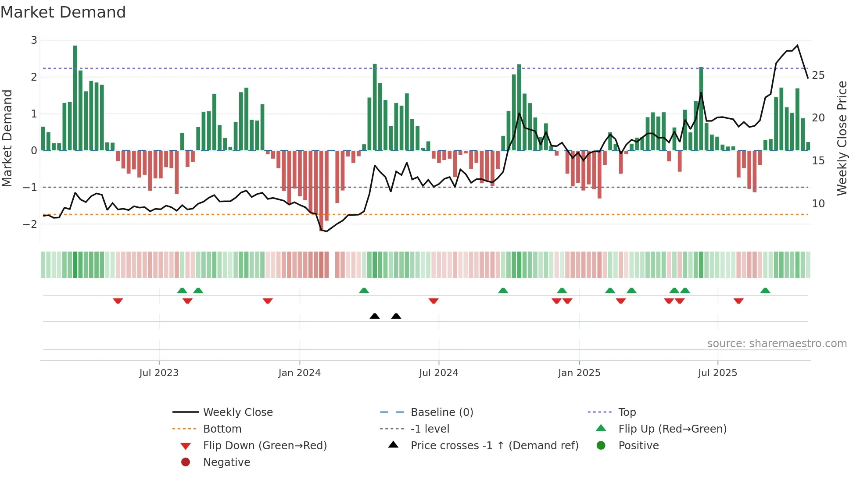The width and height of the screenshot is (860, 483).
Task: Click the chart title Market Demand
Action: coord(63,12)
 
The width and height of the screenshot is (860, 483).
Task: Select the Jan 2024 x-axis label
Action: coord(299,373)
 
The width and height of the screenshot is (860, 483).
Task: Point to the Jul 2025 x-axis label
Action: coord(717,373)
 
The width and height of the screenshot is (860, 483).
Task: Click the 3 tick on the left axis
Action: coord(34,40)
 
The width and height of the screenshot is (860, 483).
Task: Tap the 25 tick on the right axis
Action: coord(818,75)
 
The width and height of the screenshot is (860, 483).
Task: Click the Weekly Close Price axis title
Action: coord(842,138)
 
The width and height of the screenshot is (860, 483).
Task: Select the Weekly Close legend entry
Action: coord(237,412)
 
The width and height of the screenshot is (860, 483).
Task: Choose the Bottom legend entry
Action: coord(222,429)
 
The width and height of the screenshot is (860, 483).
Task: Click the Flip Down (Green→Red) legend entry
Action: coord(265,445)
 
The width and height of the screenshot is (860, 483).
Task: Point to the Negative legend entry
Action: coord(226,462)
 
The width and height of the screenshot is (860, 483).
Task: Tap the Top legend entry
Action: coord(627,412)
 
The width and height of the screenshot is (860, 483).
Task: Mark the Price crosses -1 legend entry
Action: coord(494,445)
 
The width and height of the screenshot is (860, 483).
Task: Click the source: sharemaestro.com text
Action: coord(777,343)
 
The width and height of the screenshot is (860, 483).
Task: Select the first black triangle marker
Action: coord(375,316)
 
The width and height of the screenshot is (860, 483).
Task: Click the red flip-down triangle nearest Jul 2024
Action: coord(434,301)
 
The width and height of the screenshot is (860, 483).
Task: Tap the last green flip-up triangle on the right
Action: coord(765,291)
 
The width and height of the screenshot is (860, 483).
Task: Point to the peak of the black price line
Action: coord(797,45)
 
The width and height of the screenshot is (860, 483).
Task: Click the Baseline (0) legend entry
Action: coord(441,412)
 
